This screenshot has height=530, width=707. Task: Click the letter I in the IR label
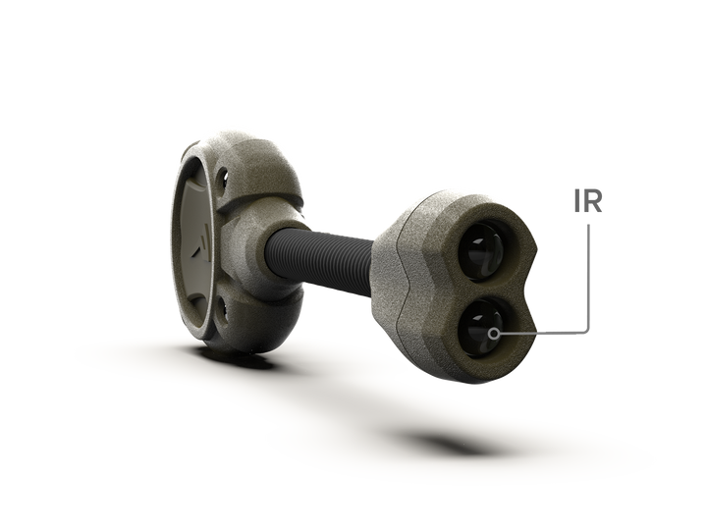click(577, 201)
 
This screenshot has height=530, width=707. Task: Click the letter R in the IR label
click(593, 201)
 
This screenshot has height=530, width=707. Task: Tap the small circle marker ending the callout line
click(495, 334)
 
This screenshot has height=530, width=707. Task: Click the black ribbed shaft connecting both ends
click(320, 257)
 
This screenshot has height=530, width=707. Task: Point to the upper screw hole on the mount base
click(222, 178)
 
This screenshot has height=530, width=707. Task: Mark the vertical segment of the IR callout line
click(588, 276)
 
